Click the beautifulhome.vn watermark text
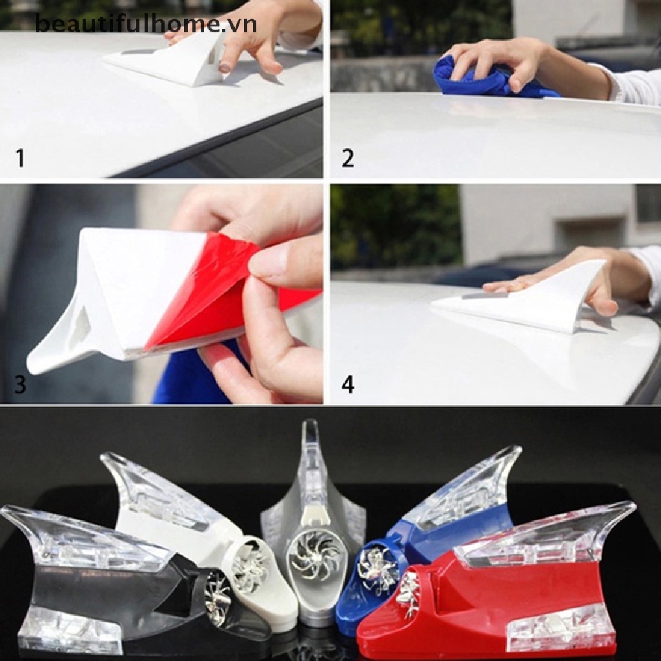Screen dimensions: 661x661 (x=146, y=25)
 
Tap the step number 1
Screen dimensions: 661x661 (x=21, y=158)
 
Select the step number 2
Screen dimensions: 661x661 (x=348, y=158)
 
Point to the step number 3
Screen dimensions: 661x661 (x=21, y=385)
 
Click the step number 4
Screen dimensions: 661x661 (x=348, y=385)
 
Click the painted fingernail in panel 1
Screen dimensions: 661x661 (x=225, y=66)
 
